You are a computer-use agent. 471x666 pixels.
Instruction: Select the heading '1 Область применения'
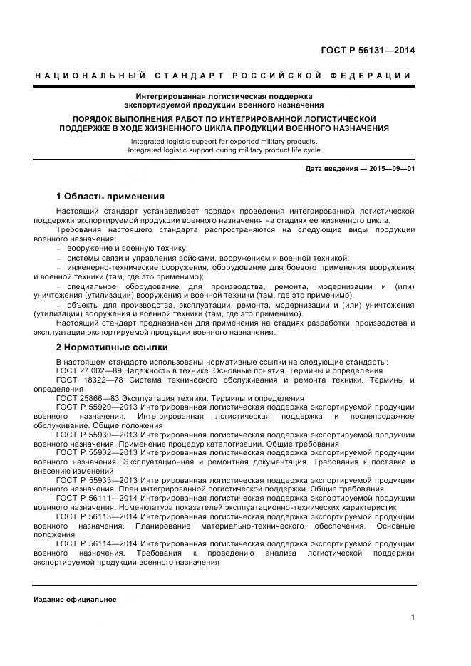tap(110, 196)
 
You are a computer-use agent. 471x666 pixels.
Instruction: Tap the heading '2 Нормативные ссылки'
tap(112, 348)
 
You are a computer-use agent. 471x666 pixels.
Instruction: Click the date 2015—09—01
tap(390, 168)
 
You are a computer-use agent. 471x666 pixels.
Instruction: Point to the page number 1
tap(413, 617)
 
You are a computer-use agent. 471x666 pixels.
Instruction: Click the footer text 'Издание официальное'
tap(75, 599)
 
